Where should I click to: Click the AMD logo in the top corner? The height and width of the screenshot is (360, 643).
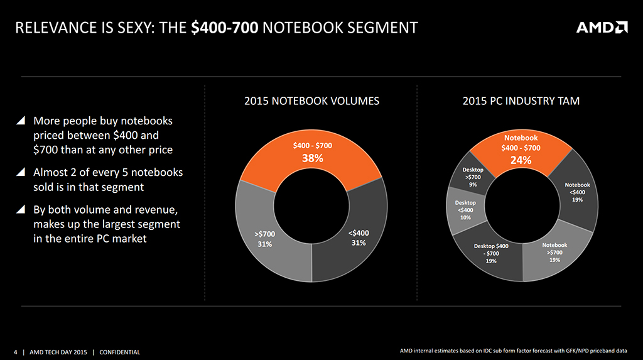tap(602, 27)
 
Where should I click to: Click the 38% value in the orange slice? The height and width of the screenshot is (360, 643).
tap(313, 158)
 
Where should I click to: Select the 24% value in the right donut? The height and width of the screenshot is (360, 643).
tap(521, 160)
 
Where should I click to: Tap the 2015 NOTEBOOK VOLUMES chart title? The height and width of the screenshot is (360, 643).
tap(311, 101)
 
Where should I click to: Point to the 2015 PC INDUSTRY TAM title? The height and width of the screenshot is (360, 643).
tap(521, 101)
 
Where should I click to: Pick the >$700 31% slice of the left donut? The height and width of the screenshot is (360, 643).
tap(264, 239)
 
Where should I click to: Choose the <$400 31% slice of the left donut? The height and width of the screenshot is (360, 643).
tap(359, 238)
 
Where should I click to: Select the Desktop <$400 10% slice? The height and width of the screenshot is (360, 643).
tap(465, 210)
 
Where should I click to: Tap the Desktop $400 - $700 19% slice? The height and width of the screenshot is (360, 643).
tap(491, 253)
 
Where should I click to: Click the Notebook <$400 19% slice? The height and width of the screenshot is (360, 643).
tap(577, 192)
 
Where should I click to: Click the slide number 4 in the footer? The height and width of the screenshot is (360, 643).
tap(16, 352)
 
